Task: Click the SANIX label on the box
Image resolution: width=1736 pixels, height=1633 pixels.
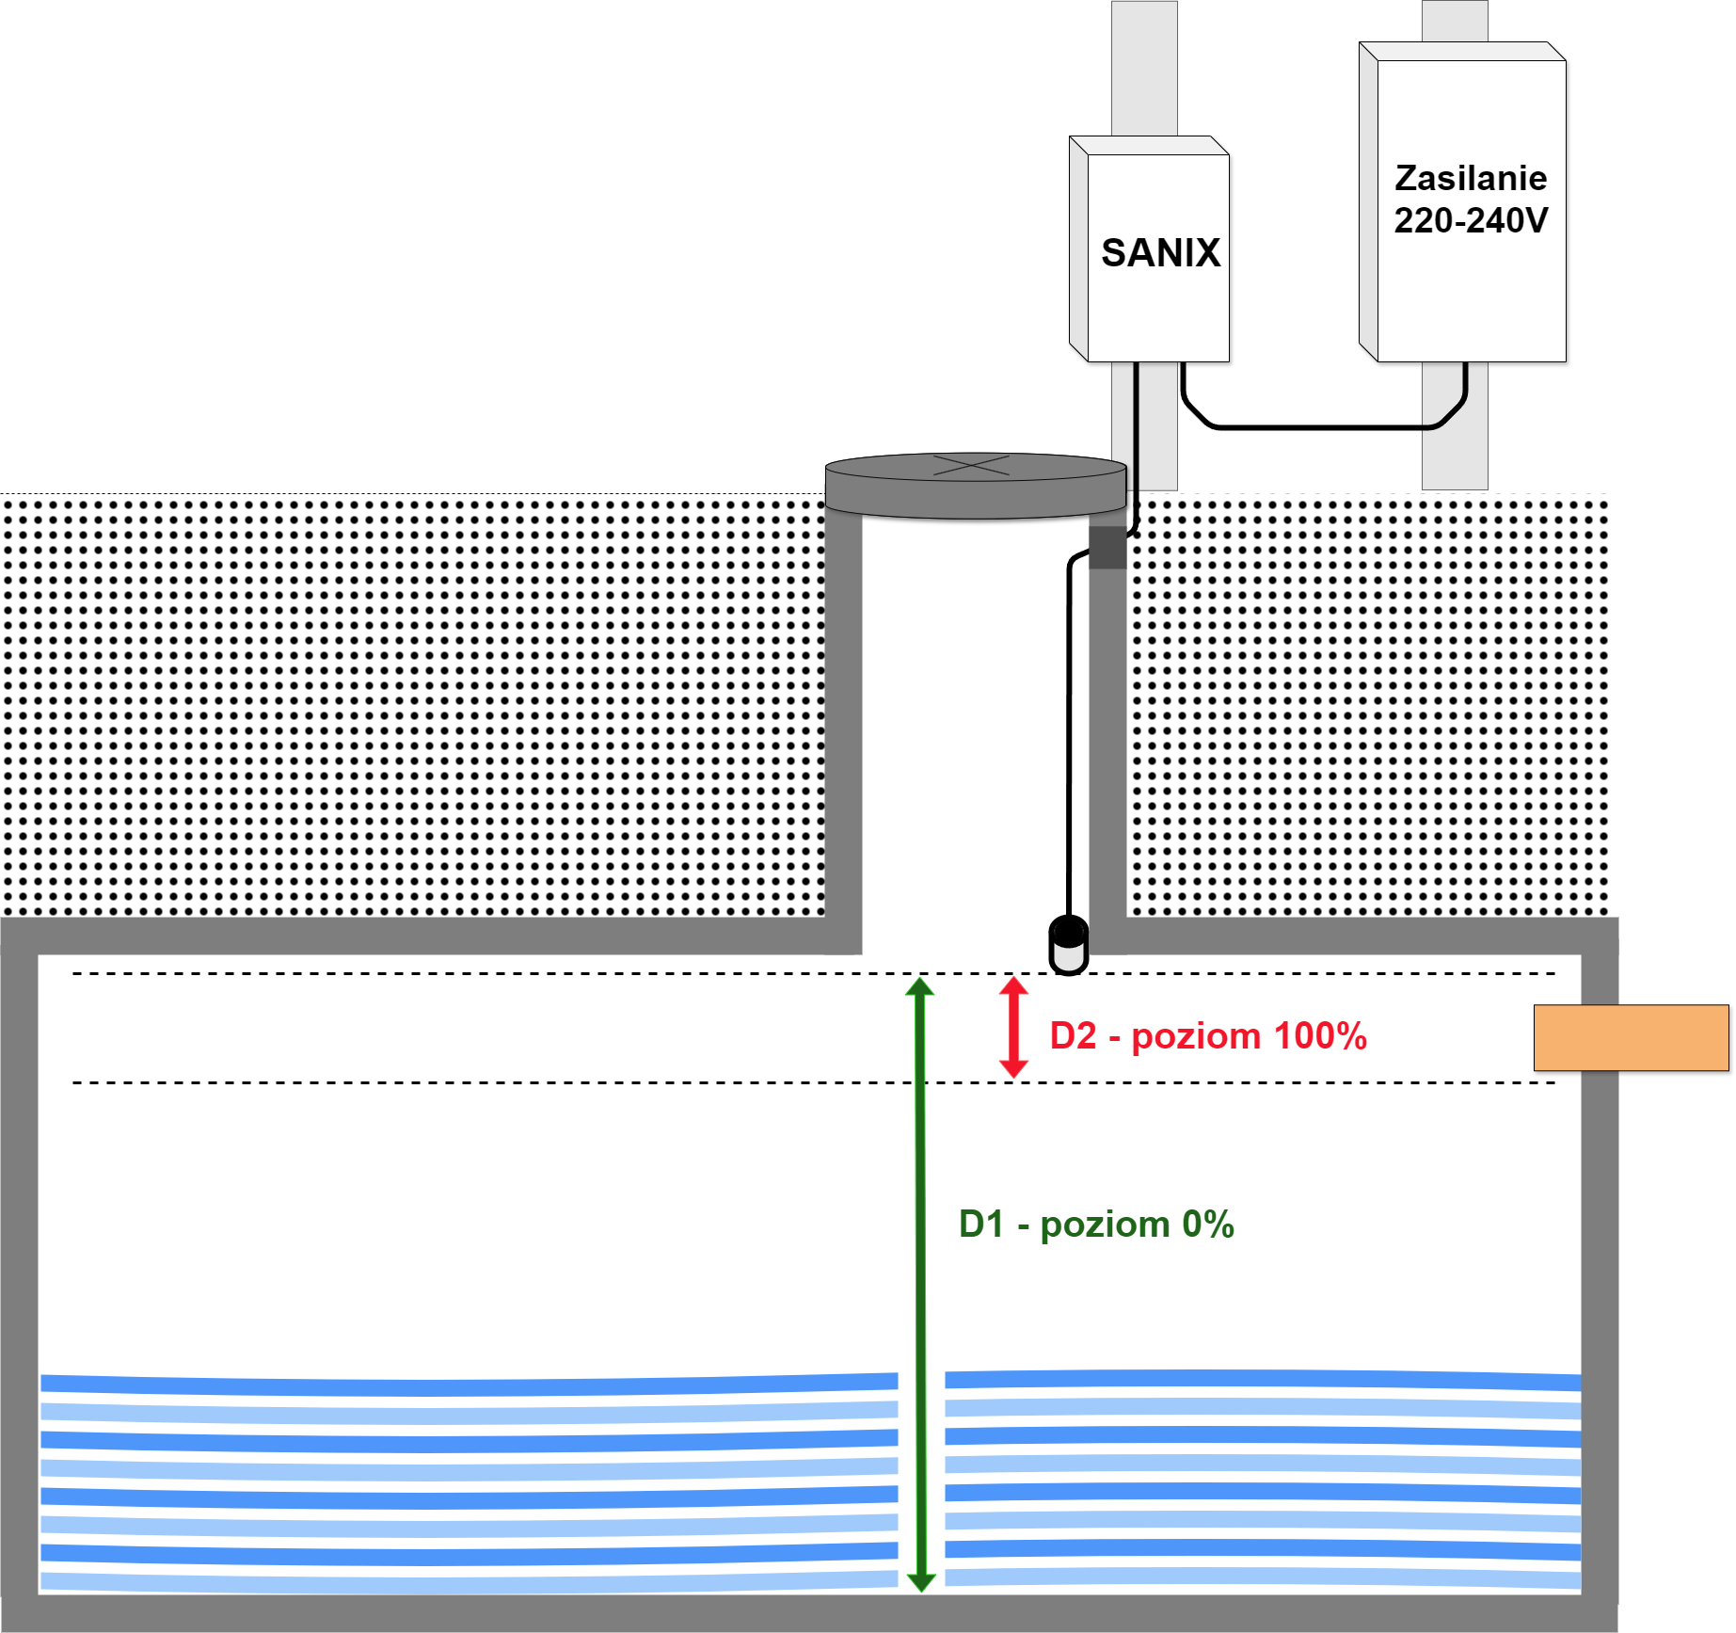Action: [x=1160, y=253]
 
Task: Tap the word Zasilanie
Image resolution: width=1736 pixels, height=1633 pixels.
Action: [x=1470, y=178]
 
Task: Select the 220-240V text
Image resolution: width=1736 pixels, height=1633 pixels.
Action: [x=1470, y=220]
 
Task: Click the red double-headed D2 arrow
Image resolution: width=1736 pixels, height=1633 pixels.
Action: [x=1013, y=1027]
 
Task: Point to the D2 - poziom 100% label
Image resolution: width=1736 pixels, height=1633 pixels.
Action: [x=1207, y=1035]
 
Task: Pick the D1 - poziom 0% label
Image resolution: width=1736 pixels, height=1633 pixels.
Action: [x=1095, y=1224]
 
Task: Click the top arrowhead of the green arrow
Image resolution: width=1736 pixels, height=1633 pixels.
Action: [x=920, y=986]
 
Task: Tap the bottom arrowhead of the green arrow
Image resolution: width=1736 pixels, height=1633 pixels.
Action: [x=921, y=1582]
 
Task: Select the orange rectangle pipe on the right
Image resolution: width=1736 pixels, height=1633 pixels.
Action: [x=1631, y=1037]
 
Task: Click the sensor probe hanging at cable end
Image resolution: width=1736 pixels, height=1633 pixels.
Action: [x=1069, y=945]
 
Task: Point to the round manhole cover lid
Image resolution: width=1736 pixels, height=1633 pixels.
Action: [x=975, y=485]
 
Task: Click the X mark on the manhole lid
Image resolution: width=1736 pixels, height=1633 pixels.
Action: [x=972, y=464]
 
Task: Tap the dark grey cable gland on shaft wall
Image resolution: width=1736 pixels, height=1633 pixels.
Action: [x=1107, y=548]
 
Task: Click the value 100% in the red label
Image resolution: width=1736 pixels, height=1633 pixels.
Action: [x=1320, y=1035]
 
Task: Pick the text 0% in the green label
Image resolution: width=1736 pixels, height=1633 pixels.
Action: [x=1207, y=1224]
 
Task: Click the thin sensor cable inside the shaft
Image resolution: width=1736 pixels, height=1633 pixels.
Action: [x=1069, y=734]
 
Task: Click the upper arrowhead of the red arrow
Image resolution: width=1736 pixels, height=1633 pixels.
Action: [x=1013, y=986]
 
